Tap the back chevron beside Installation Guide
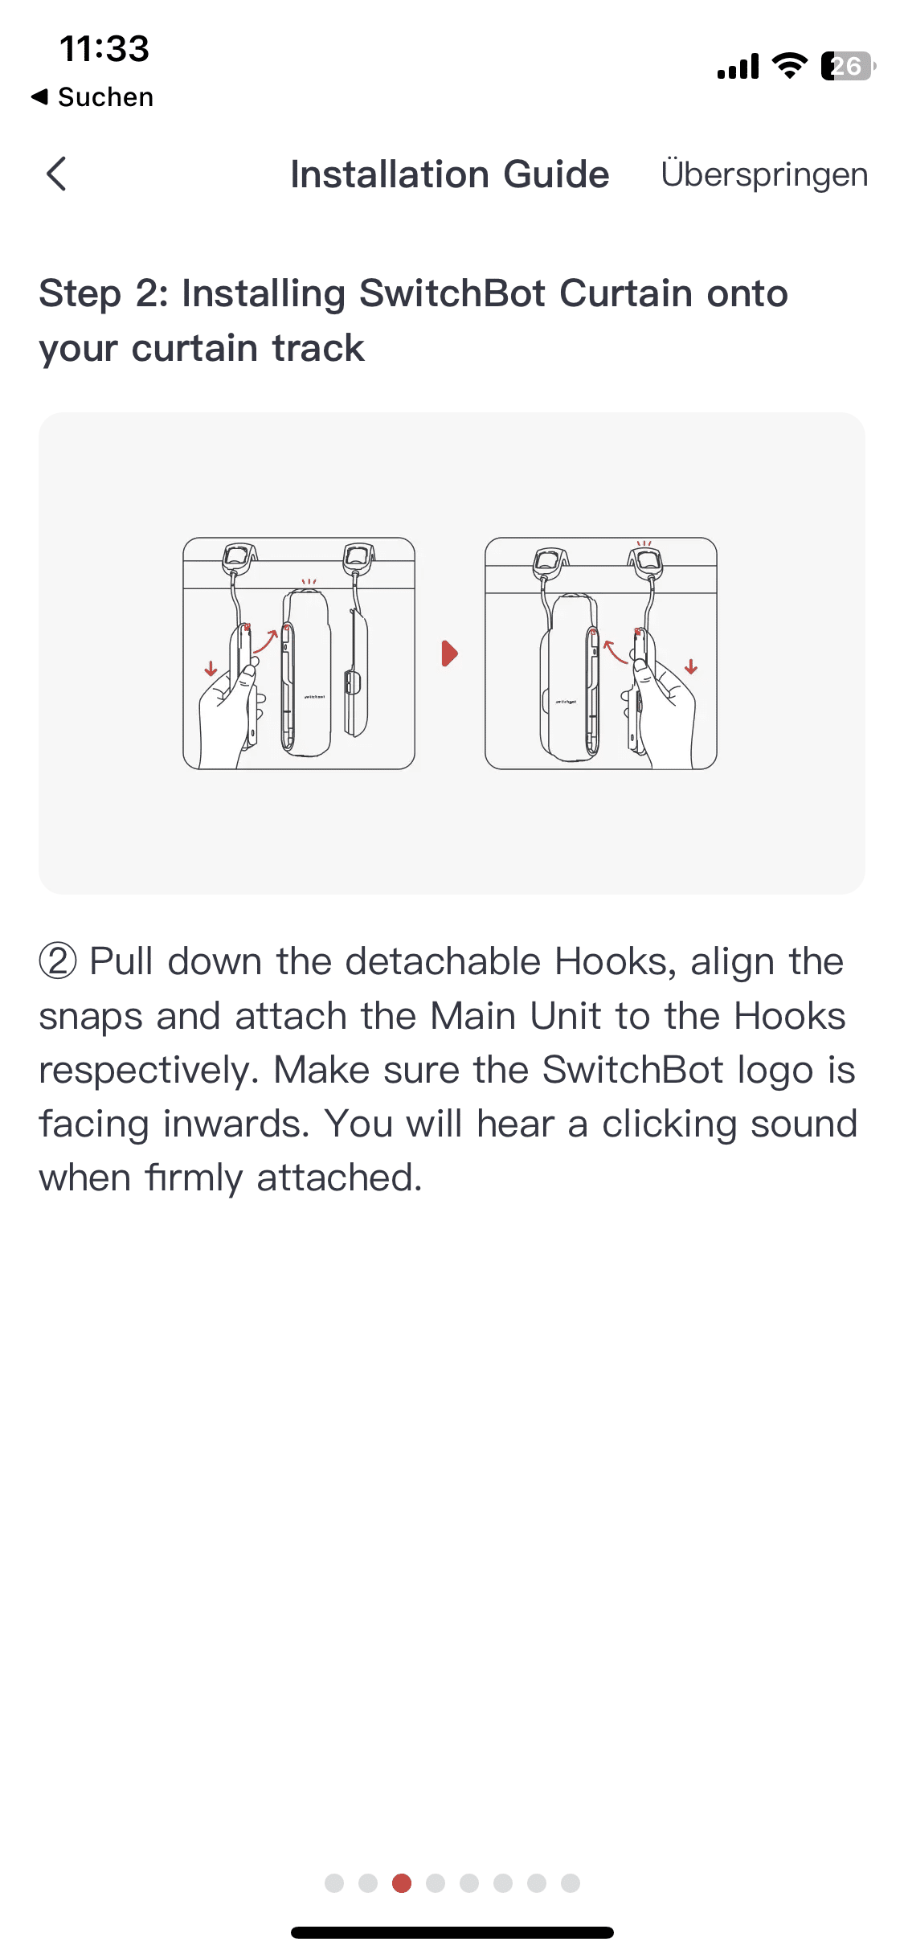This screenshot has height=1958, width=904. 56,174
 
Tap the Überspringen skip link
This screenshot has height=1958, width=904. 764,175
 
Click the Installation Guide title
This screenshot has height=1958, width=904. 450,174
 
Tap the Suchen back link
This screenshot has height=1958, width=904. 92,97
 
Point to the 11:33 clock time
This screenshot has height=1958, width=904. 104,49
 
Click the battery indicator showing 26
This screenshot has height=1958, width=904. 849,66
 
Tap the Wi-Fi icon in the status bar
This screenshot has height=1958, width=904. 790,66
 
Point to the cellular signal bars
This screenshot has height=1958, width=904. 738,66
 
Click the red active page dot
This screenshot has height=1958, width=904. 402,1883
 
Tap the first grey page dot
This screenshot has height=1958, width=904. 334,1883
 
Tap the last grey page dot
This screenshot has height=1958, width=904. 571,1883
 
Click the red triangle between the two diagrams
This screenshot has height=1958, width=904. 449,653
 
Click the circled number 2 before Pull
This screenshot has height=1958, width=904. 58,961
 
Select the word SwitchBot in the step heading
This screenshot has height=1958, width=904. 452,293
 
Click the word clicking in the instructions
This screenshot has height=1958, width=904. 669,1124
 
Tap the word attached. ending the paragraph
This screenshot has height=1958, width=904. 339,1178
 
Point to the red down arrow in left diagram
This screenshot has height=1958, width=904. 211,669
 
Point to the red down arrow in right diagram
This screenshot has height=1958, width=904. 691,666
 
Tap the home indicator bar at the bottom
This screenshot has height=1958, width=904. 452,1932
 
